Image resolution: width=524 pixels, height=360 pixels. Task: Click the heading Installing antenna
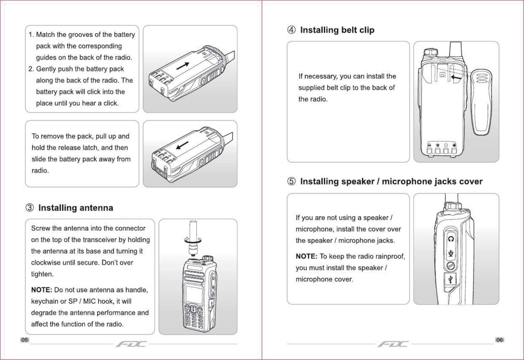coord(76,208)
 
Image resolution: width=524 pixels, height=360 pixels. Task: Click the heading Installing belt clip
coord(337,30)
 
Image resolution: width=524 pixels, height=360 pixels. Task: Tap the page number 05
coord(25,340)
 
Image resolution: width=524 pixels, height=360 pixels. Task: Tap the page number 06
coord(499,340)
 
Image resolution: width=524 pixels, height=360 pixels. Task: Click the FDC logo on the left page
coord(131,344)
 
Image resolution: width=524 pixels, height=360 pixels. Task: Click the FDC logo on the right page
coord(393,344)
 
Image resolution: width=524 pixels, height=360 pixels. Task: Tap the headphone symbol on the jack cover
coord(451,239)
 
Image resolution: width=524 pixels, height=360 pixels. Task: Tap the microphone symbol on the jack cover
coord(451,253)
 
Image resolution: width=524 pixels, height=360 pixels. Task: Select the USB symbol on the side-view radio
coord(451,280)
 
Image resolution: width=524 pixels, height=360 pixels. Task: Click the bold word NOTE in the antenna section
coord(41,290)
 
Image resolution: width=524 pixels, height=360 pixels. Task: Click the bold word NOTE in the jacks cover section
coord(306,256)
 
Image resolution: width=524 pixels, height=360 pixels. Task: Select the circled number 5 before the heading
coord(291,182)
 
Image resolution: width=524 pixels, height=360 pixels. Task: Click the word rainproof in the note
coord(390,256)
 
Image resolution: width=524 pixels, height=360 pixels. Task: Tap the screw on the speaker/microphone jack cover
coord(451,266)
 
